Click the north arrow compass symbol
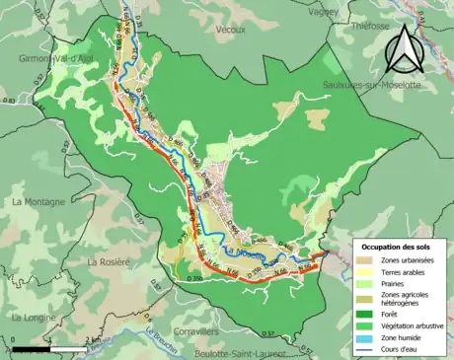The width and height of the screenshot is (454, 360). (x=403, y=49)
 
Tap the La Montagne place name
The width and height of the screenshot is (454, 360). (x=38, y=201)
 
